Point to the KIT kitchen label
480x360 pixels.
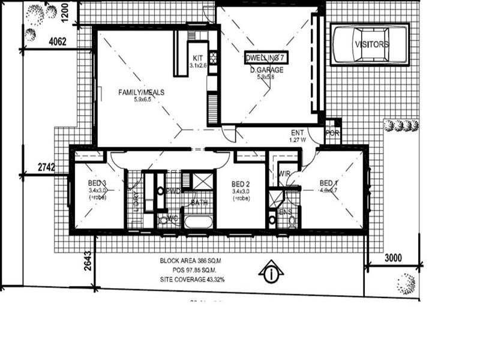[x=198, y=58]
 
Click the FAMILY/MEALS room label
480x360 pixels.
[x=141, y=92]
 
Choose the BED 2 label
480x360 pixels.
[x=241, y=183]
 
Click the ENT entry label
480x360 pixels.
[x=298, y=133]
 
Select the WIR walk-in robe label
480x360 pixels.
[x=284, y=174]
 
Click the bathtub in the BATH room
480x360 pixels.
[x=199, y=221]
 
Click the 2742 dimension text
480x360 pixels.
[x=46, y=167]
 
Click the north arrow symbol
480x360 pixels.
[x=271, y=273]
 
